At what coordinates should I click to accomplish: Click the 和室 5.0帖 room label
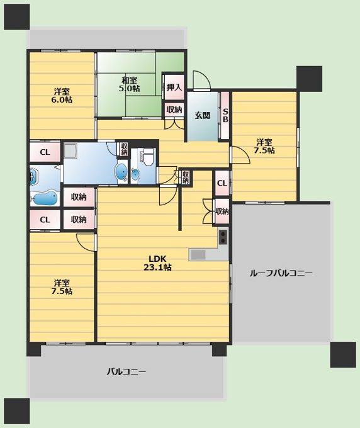[130, 84]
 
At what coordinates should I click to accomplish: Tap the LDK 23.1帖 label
[157, 263]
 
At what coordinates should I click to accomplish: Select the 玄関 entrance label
[202, 115]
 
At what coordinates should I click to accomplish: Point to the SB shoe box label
[225, 115]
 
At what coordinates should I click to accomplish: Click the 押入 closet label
[174, 87]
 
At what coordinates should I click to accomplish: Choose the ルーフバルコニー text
[281, 273]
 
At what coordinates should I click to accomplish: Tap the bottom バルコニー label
[127, 371]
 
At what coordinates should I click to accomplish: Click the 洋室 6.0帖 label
[62, 96]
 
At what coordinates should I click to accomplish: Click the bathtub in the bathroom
[44, 198]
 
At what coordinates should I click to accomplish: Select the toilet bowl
[149, 159]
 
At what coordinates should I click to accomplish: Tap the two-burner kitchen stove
[223, 237]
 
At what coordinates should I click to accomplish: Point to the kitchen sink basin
[198, 255]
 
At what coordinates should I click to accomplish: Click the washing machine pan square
[70, 150]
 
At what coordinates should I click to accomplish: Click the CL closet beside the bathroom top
[45, 152]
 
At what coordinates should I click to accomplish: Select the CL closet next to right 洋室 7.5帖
[222, 183]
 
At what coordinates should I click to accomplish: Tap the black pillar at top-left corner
[16, 16]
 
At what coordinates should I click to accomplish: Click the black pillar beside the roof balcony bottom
[343, 354]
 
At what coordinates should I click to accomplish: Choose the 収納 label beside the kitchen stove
[222, 211]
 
